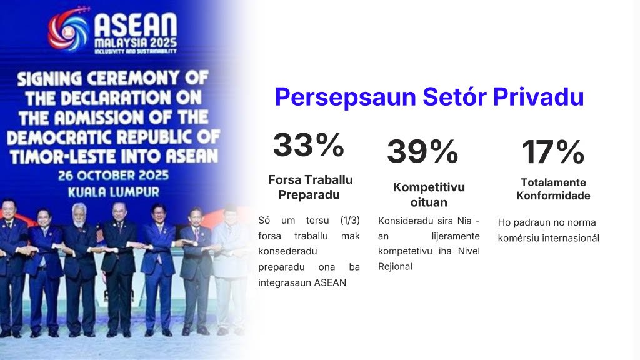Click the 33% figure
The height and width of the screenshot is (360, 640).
308,145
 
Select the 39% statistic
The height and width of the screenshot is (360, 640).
422,151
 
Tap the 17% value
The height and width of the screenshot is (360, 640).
553,152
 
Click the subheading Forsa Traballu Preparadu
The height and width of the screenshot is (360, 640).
310,187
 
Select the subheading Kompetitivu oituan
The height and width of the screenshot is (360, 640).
429,194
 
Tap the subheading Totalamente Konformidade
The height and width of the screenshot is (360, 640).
553,189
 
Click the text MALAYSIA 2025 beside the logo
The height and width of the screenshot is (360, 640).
135,43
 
